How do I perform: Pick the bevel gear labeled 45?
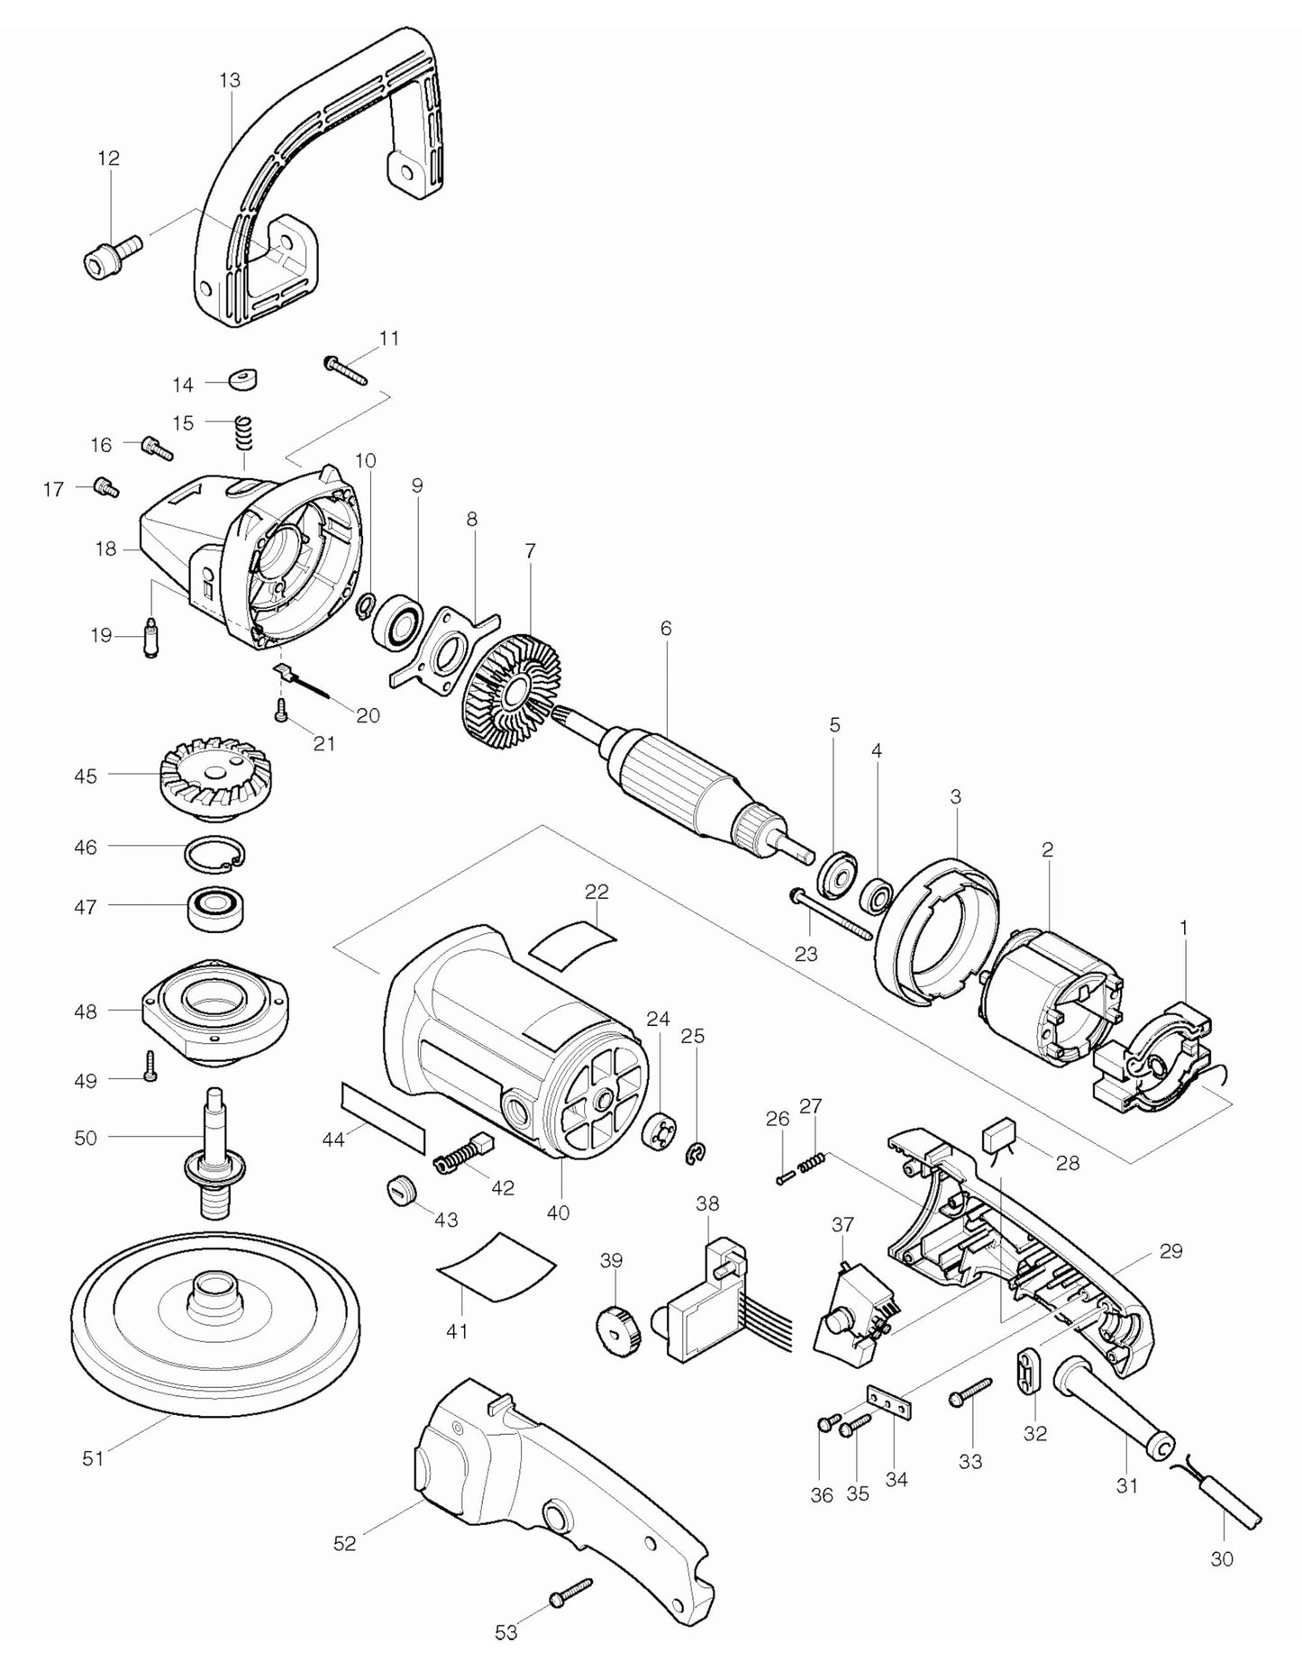[x=204, y=781]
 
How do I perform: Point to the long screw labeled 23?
[x=830, y=913]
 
